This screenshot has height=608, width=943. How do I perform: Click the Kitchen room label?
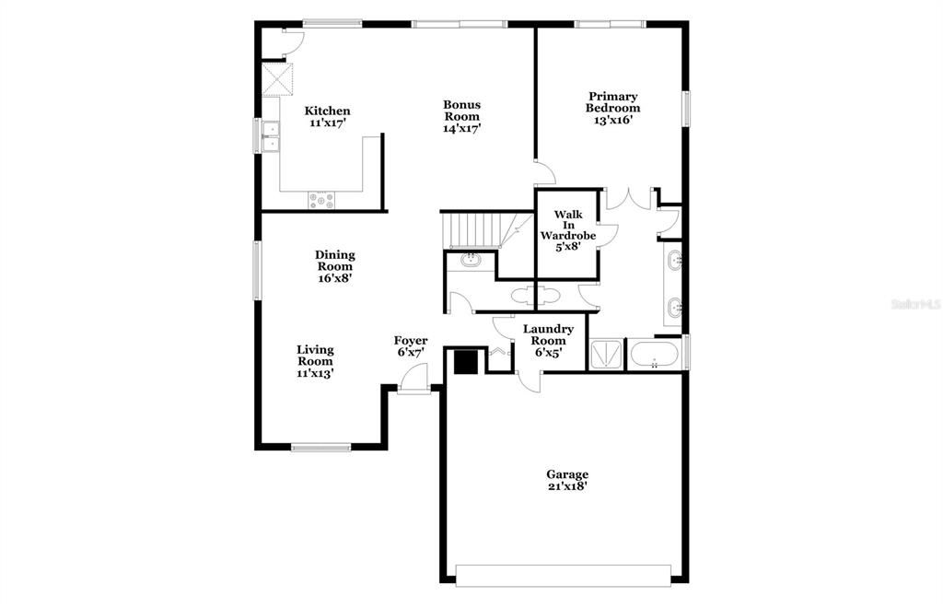327,116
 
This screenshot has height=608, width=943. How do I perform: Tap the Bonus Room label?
461,116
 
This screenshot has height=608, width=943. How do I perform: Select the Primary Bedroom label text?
613,107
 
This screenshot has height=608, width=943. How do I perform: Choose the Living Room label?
315,361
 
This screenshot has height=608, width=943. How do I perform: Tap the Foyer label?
411,346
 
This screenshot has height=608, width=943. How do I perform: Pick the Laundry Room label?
549,340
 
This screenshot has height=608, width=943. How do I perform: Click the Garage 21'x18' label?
566,480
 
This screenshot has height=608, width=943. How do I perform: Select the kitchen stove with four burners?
322,199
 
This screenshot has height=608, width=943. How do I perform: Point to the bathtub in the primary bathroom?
655,355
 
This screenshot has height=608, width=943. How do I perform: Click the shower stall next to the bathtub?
606,355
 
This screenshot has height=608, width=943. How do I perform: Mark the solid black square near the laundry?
467,361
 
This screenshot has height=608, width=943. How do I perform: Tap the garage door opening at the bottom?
564,575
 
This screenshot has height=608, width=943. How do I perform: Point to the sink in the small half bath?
471,260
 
